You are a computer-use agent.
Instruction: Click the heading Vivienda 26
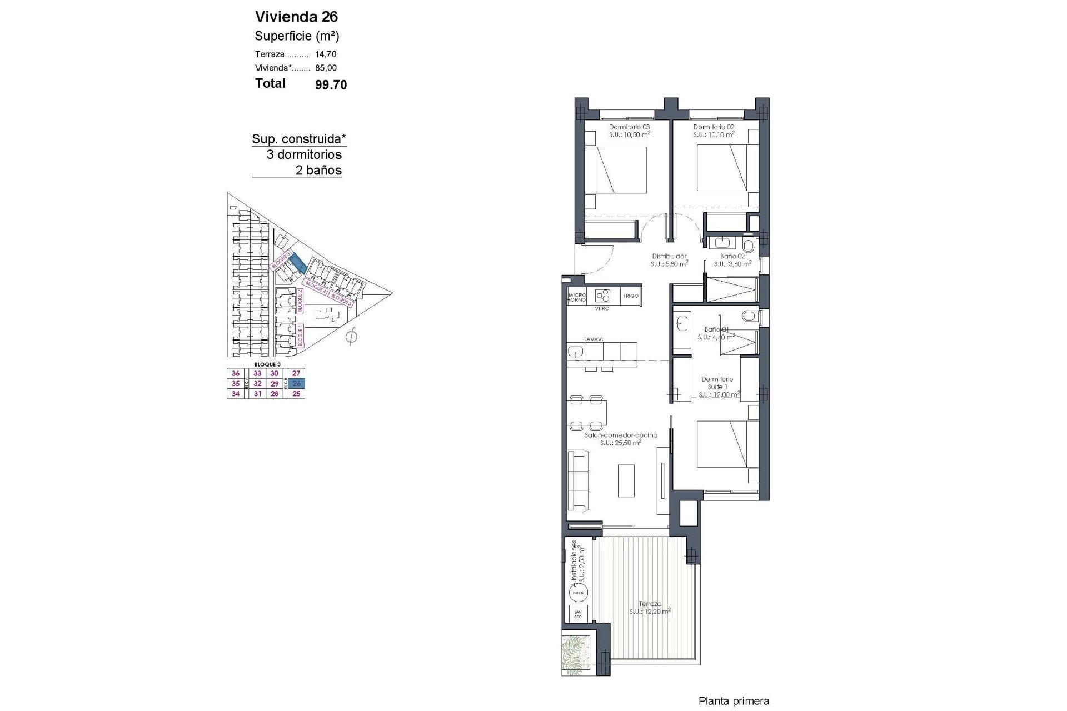[x=296, y=16]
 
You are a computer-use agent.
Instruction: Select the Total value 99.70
[x=331, y=84]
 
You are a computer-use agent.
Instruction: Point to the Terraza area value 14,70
[x=326, y=54]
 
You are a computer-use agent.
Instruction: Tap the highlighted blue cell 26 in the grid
[x=296, y=384]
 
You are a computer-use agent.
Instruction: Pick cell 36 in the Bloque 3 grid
[x=236, y=374]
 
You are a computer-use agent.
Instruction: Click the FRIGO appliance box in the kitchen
[x=630, y=296]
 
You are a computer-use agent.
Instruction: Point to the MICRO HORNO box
[x=577, y=297]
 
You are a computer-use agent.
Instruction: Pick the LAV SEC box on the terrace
[x=578, y=614]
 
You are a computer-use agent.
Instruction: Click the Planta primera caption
[x=734, y=702]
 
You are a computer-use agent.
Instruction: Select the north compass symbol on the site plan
[x=351, y=336]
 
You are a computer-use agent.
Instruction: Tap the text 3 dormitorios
[x=304, y=155]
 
